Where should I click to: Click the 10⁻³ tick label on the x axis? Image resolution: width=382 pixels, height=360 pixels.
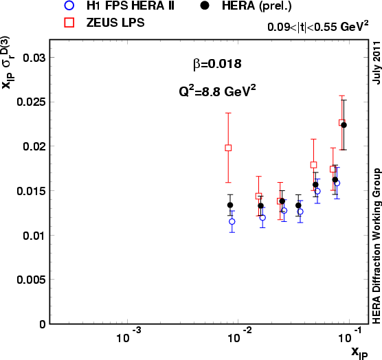128,337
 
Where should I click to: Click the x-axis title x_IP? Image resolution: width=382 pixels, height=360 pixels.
359,352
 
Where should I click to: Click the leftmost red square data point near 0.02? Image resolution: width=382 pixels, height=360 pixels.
228,148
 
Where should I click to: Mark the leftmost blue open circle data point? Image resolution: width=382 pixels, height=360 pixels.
232,221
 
